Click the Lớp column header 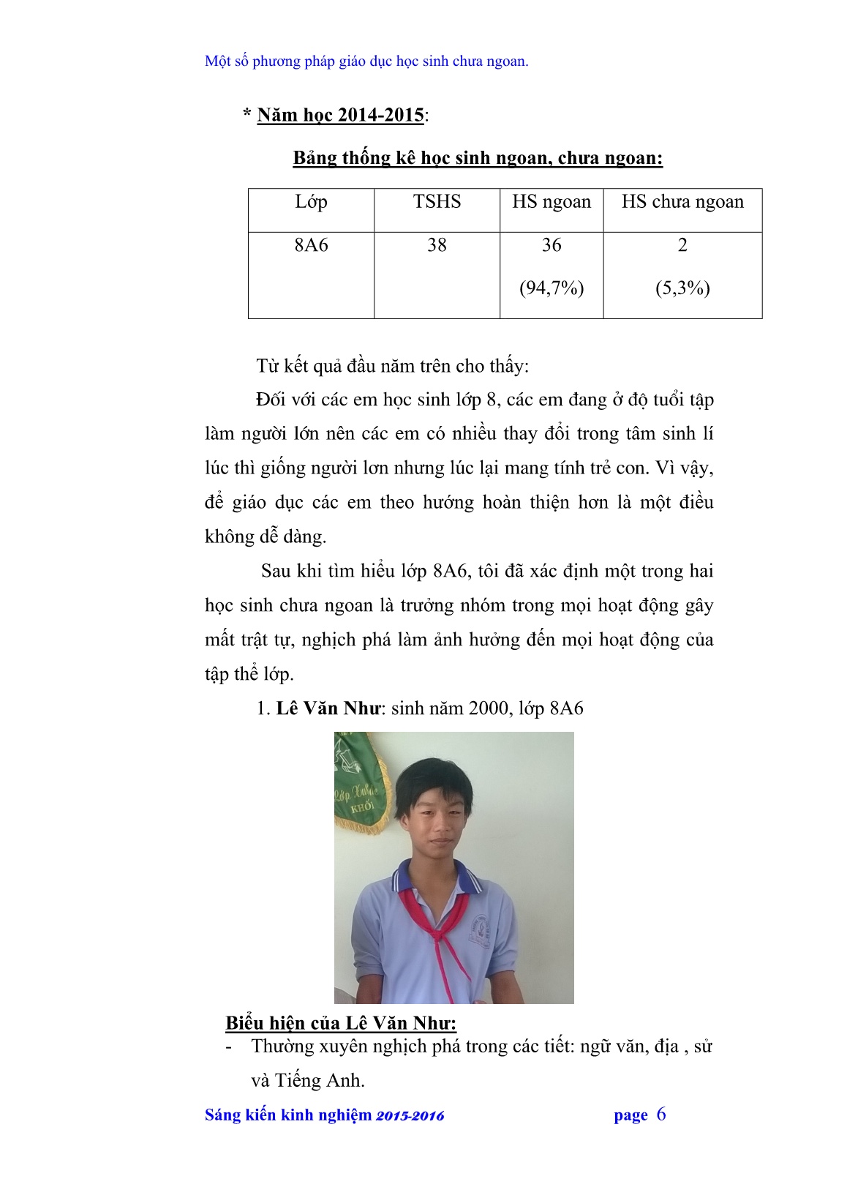(x=311, y=202)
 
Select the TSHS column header (x=437, y=202)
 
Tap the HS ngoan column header (x=552, y=202)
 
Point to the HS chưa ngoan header (x=682, y=202)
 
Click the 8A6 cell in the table (x=311, y=245)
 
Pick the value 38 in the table (x=437, y=245)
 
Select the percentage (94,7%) (x=552, y=288)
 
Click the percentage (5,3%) (x=682, y=288)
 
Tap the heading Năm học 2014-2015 (x=340, y=115)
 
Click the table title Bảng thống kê (x=478, y=158)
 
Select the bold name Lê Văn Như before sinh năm (x=328, y=708)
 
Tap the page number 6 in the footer (x=661, y=1115)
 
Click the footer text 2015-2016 (x=410, y=1116)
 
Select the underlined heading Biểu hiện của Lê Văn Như (x=341, y=1023)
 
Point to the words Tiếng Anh (x=319, y=1080)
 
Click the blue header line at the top (x=366, y=61)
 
